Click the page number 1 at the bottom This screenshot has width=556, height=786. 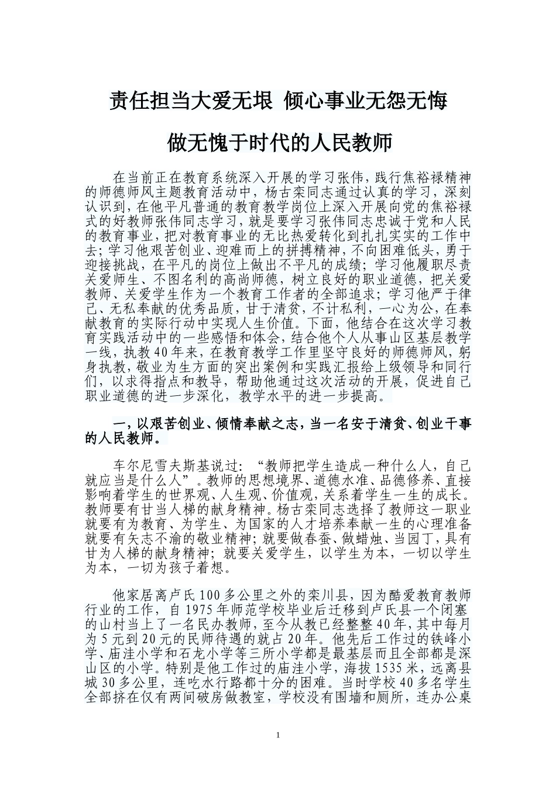pyautogui.click(x=278, y=735)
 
